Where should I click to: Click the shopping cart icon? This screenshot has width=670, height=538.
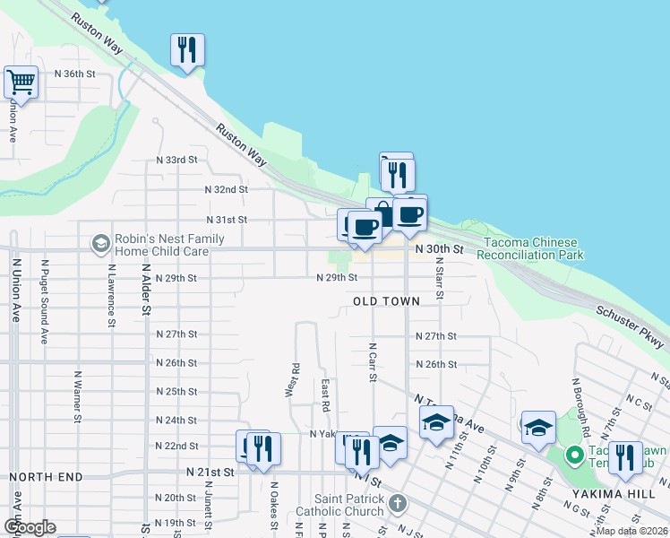21,82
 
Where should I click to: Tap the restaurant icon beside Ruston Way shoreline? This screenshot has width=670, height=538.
187,50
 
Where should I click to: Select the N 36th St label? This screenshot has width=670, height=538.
74,74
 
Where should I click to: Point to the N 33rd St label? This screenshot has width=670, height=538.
176,160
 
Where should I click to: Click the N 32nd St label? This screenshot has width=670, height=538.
226,190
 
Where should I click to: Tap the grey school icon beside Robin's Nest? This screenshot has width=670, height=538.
100,243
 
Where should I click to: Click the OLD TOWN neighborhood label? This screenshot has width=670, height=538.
386,302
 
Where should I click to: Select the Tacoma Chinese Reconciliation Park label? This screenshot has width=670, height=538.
530,249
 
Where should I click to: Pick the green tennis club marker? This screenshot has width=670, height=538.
574,456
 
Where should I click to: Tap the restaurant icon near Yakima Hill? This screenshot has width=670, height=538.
624,457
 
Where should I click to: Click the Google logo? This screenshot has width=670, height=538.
30,527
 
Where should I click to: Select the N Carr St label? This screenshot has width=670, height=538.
372,360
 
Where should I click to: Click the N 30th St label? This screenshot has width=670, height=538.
439,248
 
